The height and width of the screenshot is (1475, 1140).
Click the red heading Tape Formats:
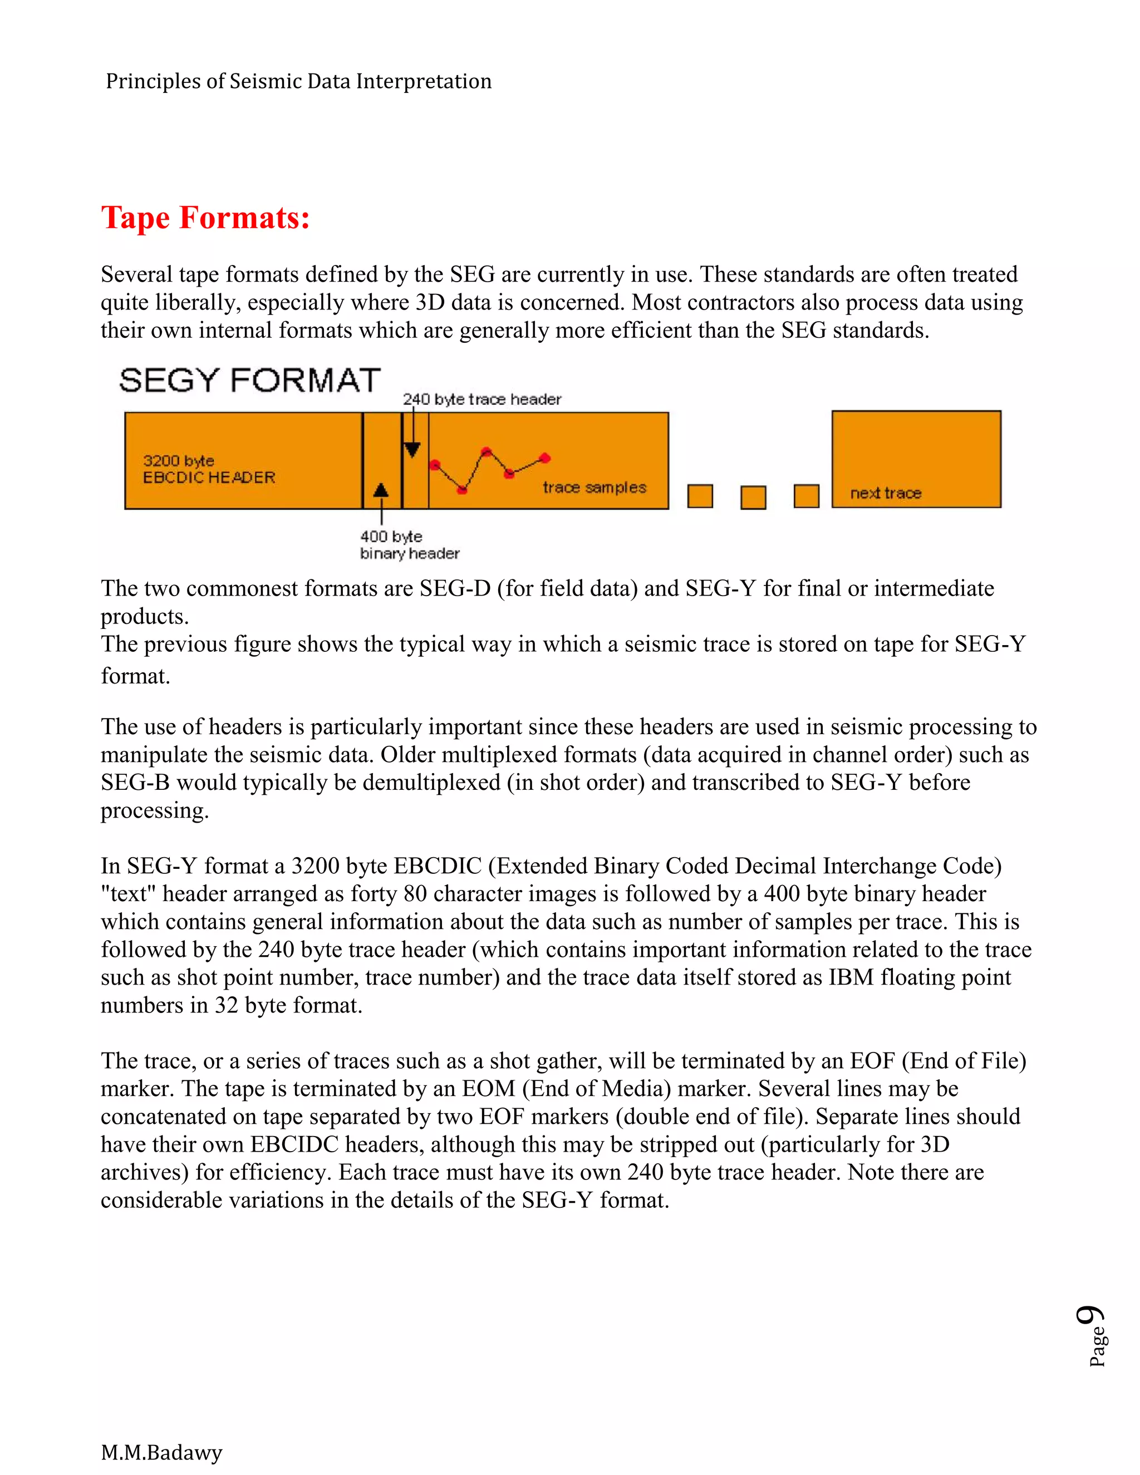[x=205, y=218]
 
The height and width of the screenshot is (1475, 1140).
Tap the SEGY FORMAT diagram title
[x=250, y=380]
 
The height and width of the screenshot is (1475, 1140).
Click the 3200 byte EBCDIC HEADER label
[x=209, y=469]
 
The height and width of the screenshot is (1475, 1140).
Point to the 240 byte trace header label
[x=482, y=399]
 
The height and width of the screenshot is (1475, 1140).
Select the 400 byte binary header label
[x=409, y=545]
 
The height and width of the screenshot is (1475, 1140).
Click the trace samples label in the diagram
[x=594, y=488]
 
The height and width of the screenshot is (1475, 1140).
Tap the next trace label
[x=886, y=493]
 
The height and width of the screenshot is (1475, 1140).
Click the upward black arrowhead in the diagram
[x=381, y=490]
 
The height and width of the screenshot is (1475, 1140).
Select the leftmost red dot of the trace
[x=435, y=465]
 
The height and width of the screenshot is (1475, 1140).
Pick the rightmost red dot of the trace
[x=545, y=458]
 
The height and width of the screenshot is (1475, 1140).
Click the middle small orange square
[x=753, y=498]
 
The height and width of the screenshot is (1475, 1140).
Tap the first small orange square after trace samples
[x=700, y=496]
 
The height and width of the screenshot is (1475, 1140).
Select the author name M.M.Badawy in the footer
[x=161, y=1452]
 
